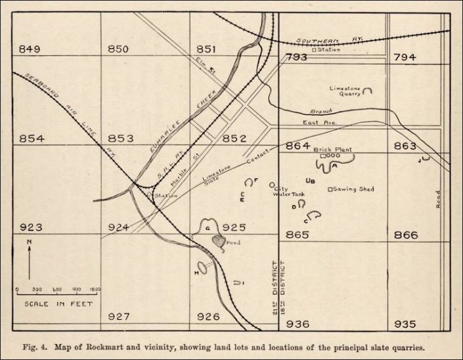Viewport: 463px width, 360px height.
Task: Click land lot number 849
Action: pyautogui.click(x=30, y=49)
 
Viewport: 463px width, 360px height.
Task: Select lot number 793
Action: pyautogui.click(x=296, y=58)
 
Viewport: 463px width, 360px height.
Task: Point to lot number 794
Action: pyautogui.click(x=405, y=58)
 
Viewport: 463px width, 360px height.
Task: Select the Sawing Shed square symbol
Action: pyautogui.click(x=330, y=189)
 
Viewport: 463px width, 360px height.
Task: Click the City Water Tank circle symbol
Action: pyautogui.click(x=273, y=185)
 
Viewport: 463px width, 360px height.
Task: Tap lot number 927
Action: pyautogui.click(x=119, y=317)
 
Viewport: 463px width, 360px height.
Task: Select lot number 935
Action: pyautogui.click(x=405, y=324)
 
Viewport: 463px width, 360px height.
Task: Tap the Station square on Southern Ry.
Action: pyautogui.click(x=315, y=49)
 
